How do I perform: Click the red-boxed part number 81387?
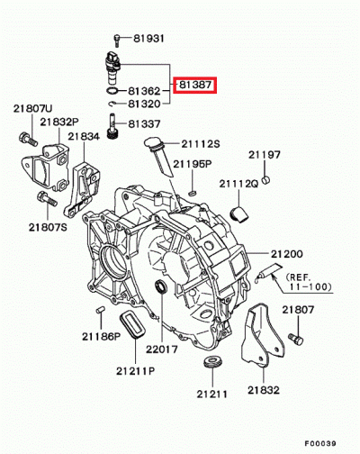[195, 86]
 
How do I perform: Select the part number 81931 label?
[149, 39]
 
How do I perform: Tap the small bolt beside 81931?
[118, 38]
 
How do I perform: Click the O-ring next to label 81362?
[109, 90]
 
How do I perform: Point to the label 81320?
[145, 104]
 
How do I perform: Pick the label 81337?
[145, 123]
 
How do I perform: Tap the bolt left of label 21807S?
[40, 198]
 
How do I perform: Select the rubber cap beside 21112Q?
[239, 213]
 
